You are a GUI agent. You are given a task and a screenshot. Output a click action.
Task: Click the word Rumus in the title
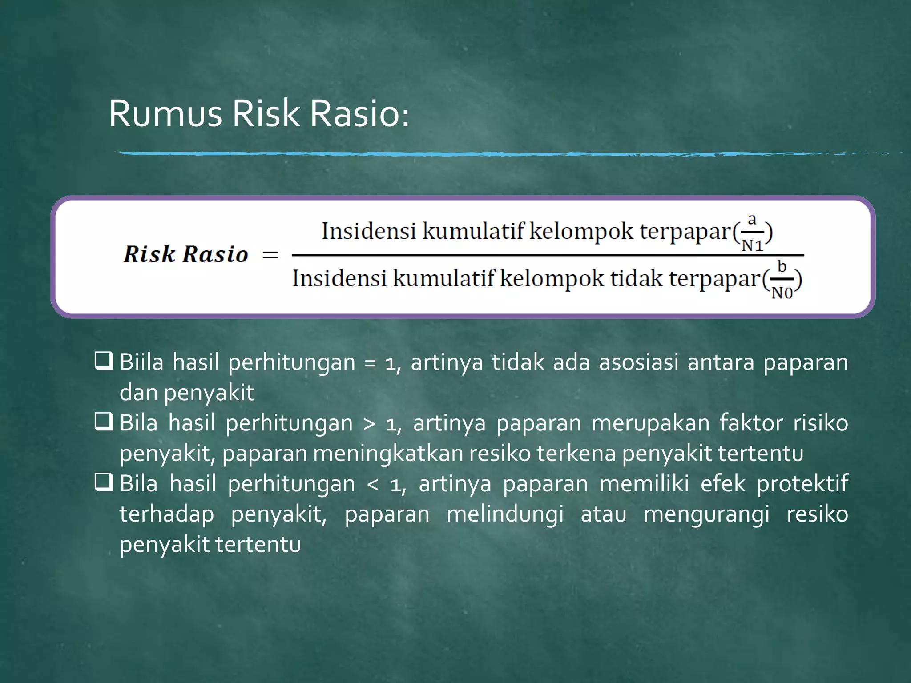(x=165, y=114)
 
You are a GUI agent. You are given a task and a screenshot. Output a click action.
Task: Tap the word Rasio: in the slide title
(x=359, y=114)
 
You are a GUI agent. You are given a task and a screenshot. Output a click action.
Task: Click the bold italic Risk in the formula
(x=149, y=254)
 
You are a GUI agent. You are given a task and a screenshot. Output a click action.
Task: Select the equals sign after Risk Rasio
(x=270, y=255)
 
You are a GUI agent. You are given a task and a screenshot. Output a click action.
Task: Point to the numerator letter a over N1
(x=752, y=220)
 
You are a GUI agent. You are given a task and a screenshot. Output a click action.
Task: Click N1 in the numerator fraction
(x=752, y=245)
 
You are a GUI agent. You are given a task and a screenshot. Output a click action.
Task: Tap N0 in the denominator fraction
(x=782, y=293)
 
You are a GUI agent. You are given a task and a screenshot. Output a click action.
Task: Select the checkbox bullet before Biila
(x=104, y=361)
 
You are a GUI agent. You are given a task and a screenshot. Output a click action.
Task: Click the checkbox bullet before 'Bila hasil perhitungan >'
(x=104, y=422)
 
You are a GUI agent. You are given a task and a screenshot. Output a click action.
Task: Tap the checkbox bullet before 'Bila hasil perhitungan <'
(x=104, y=482)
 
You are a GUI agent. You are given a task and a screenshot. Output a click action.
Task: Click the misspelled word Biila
(x=141, y=362)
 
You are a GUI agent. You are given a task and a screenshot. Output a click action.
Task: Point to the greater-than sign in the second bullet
(x=369, y=423)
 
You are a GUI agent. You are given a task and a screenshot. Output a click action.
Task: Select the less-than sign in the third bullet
(x=373, y=484)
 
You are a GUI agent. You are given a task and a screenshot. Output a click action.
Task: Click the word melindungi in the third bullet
(x=505, y=515)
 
